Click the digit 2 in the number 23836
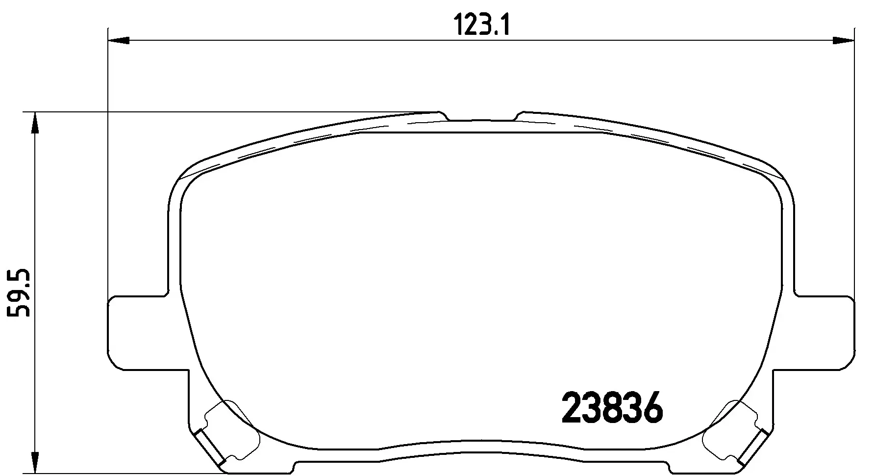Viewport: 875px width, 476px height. [572, 408]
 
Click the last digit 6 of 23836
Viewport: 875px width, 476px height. [651, 408]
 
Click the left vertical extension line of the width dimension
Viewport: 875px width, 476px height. [107, 162]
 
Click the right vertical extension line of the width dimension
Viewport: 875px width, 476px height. [855, 162]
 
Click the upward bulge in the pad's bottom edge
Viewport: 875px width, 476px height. [481, 442]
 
